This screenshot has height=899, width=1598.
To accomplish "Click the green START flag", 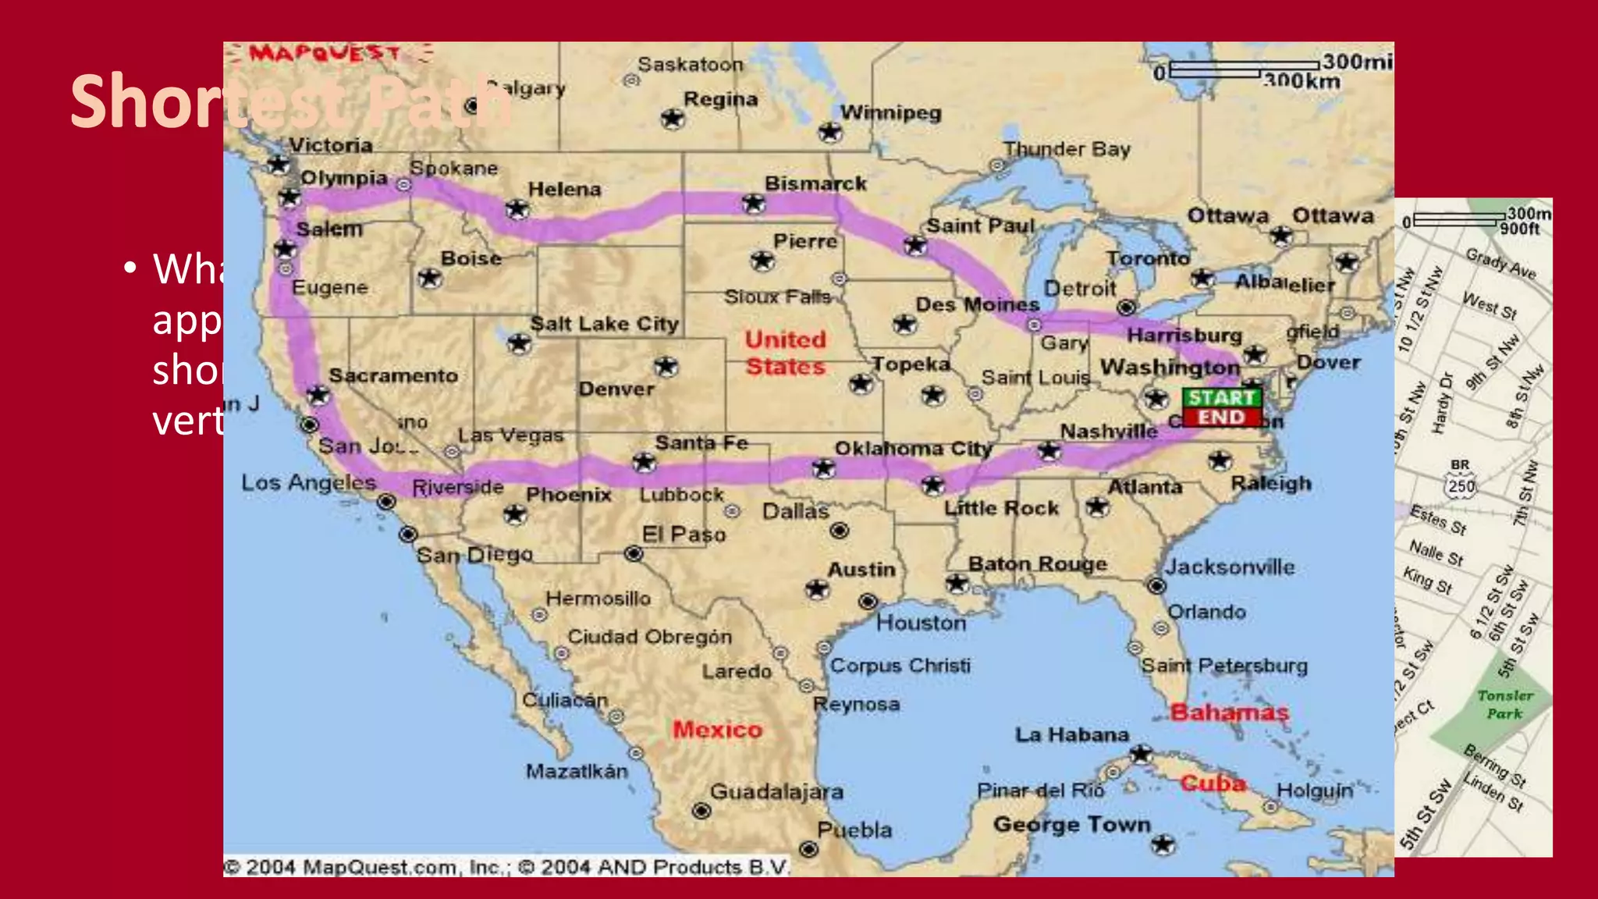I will [1221, 397].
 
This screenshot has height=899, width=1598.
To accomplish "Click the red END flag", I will [1221, 418].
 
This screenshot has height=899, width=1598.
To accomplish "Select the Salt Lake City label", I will [605, 323].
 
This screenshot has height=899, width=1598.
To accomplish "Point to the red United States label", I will [785, 353].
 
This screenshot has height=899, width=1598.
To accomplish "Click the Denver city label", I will [616, 389].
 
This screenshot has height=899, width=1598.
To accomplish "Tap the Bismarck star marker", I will [754, 204].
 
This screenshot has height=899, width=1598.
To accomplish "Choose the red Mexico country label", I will [717, 730].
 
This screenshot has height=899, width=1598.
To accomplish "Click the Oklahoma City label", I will [913, 449].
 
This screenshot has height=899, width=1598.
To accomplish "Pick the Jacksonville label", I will [1230, 567].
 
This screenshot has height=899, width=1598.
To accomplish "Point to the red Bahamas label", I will [1230, 712].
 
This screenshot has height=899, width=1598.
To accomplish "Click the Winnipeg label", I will [891, 112].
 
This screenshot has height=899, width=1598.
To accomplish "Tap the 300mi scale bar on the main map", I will [1245, 69].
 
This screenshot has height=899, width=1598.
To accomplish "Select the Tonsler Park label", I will [1504, 704].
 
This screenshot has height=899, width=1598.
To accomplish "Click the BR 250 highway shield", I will [1461, 481].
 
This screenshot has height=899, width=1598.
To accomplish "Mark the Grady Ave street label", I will [1500, 263].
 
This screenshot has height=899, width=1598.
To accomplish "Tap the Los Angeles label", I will [309, 482].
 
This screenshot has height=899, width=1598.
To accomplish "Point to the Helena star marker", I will [517, 209].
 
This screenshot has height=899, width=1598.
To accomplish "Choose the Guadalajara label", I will [776, 791].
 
